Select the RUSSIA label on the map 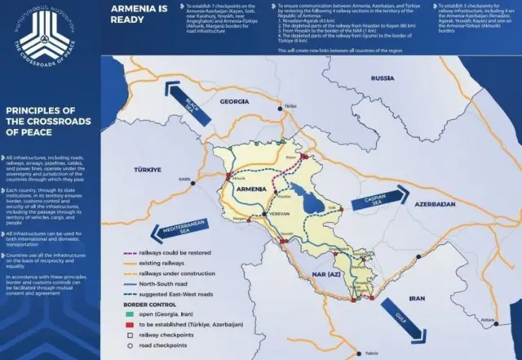click(x=382, y=78)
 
